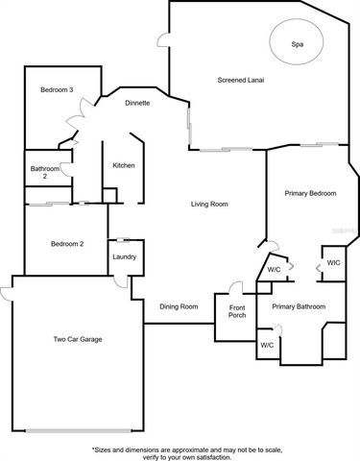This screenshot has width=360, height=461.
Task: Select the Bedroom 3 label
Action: [57, 90]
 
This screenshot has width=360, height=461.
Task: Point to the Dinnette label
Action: [135, 103]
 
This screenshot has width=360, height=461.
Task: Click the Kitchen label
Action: [124, 166]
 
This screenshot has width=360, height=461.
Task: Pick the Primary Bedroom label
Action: [310, 193]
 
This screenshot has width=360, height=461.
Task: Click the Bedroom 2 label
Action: [67, 244]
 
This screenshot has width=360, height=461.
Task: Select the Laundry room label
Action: [124, 256]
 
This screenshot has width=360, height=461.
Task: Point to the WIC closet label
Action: [333, 262]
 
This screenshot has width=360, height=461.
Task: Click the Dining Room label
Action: [179, 305]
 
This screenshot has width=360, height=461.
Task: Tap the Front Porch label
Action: [236, 310]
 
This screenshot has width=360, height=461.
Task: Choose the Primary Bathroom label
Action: [298, 306]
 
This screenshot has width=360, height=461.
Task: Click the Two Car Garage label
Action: [77, 339]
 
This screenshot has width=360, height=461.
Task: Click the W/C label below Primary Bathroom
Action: [266, 344]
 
